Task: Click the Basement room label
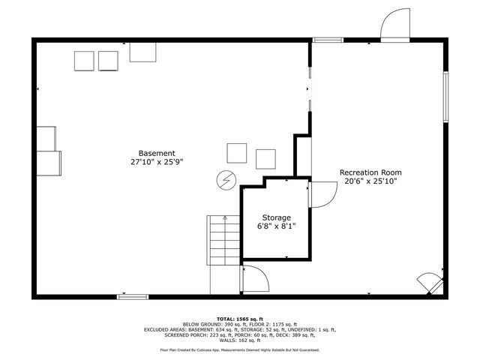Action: (157, 153)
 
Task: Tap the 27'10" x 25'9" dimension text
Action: (157, 162)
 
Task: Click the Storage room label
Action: (276, 217)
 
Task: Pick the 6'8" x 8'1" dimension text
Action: (276, 226)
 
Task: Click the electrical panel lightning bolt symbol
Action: (224, 180)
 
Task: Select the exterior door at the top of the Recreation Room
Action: (395, 26)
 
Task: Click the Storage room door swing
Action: (320, 195)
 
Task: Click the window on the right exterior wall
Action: (445, 97)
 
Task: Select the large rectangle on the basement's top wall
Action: (142, 51)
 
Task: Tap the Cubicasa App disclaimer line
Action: (239, 349)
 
